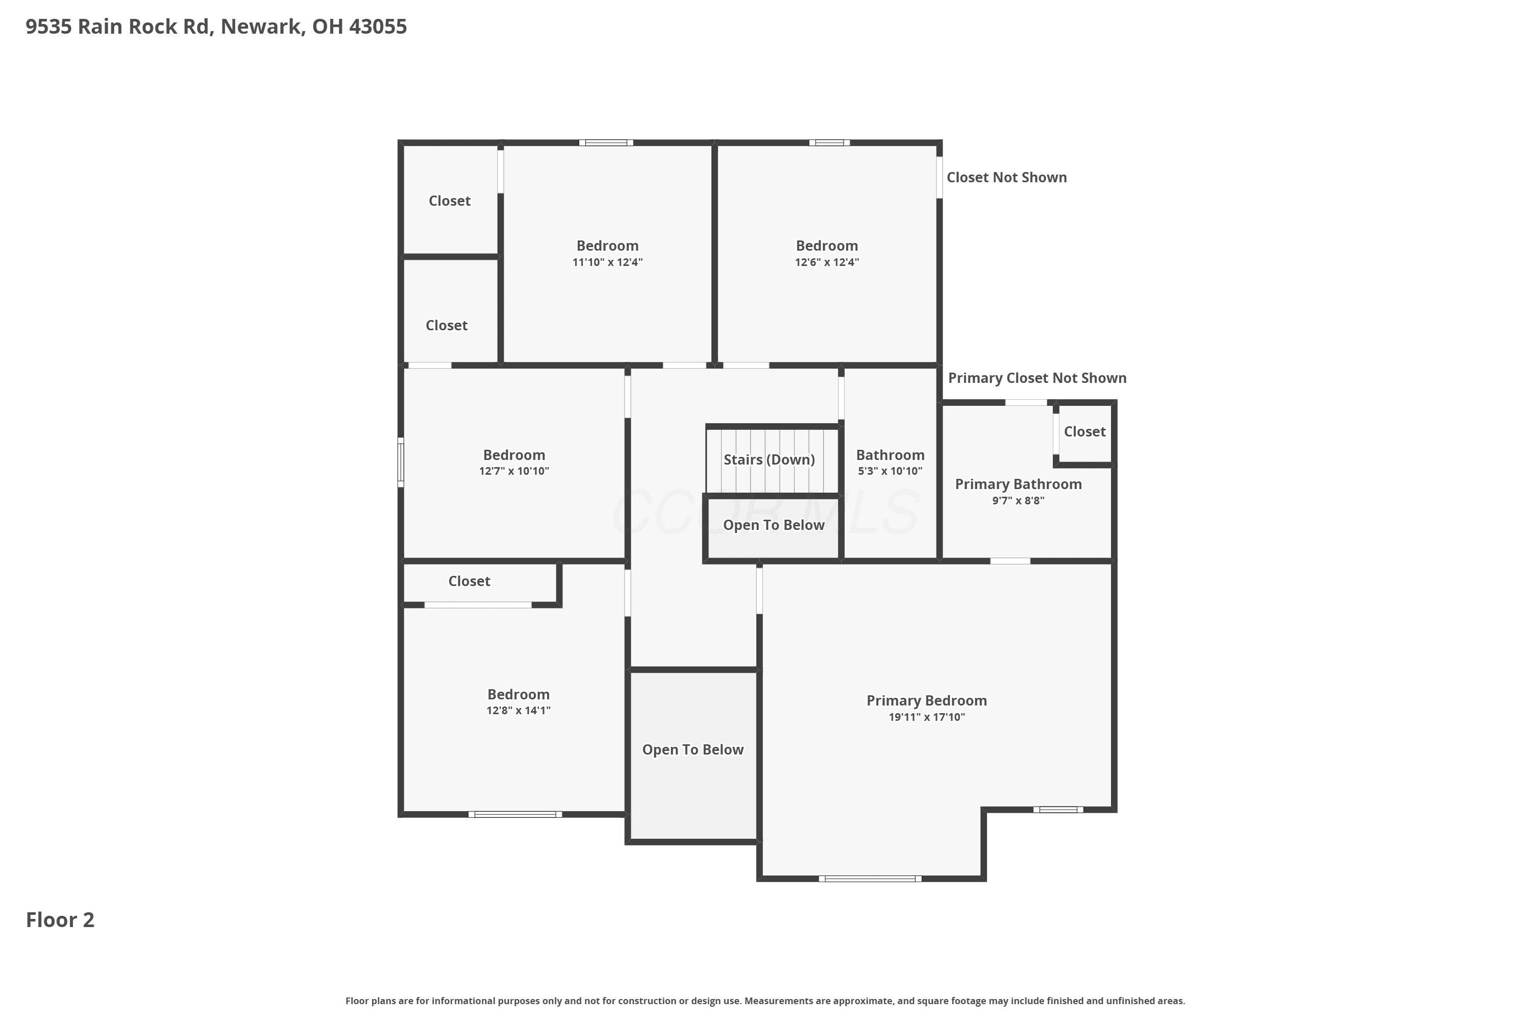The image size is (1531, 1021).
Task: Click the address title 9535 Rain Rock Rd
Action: [x=216, y=27]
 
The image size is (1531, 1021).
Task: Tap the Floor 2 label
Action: [x=60, y=920]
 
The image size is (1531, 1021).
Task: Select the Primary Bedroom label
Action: [x=926, y=700]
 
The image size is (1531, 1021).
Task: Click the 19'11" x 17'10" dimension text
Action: [x=927, y=717]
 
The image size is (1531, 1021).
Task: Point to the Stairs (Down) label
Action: [x=770, y=460]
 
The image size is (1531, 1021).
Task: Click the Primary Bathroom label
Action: [x=1018, y=484]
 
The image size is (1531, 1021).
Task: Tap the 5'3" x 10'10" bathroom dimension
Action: [x=890, y=471]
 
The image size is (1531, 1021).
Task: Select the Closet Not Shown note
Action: [x=1006, y=177]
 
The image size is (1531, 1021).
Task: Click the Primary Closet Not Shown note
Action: [x=1037, y=378]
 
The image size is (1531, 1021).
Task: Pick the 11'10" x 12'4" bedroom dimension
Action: [x=607, y=262]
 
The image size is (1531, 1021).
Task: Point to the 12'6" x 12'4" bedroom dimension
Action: [x=827, y=262]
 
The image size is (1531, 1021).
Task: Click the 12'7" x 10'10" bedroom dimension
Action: [x=514, y=471]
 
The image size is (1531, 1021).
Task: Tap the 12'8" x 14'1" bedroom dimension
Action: [x=519, y=711]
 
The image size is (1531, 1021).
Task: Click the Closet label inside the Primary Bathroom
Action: [x=1084, y=432]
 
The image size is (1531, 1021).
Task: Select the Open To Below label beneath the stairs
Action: [x=773, y=525]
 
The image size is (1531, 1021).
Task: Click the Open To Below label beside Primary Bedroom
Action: [x=693, y=749]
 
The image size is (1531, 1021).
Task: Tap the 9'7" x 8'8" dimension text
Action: [x=1018, y=500]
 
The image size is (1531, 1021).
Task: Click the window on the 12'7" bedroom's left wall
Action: [x=401, y=463]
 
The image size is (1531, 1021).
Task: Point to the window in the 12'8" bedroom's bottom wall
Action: [x=515, y=814]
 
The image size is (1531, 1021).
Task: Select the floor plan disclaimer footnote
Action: [x=765, y=1001]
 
